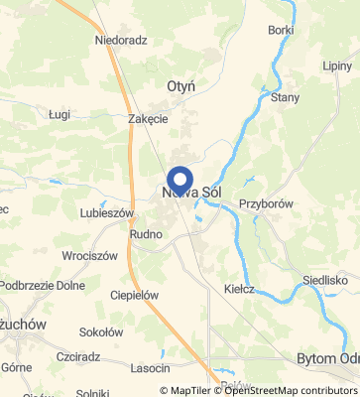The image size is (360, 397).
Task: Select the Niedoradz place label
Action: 121,41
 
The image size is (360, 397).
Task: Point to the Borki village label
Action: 281,30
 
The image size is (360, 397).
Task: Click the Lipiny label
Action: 337,66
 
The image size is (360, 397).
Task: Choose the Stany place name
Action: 286,97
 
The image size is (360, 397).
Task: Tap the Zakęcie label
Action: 148,118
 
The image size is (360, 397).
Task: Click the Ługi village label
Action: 60,115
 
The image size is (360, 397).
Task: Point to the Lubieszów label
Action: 107,212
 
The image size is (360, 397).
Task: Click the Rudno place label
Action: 145,233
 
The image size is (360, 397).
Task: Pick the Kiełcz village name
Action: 240,289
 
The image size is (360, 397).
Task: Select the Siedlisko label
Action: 324,280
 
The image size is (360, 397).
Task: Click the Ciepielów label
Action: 135,295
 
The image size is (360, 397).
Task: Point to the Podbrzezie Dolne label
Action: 43,285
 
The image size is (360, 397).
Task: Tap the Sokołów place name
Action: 100,332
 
